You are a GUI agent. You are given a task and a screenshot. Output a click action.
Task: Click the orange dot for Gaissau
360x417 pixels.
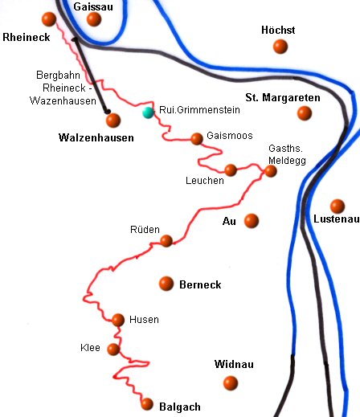coord(94,19)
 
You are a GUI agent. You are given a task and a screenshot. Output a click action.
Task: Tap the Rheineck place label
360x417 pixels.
coord(26,37)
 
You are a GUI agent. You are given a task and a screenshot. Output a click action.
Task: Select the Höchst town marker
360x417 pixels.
coord(280,47)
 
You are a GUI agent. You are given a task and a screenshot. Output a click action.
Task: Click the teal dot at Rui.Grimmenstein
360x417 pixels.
coord(148,112)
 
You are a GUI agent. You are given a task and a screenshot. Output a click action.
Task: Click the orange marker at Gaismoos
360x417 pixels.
coord(197,139)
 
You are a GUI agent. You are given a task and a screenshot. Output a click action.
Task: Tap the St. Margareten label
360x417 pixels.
coord(283,97)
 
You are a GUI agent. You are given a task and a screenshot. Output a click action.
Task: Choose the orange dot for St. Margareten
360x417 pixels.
coord(304,113)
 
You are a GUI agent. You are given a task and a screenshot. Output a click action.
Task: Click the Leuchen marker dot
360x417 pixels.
coord(231,170)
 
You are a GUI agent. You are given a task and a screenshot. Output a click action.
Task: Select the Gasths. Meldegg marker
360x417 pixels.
coord(271,170)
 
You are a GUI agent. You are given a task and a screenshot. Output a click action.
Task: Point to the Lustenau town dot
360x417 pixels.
coord(337,206)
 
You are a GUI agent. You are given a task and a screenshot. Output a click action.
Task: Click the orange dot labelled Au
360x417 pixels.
coord(252,220)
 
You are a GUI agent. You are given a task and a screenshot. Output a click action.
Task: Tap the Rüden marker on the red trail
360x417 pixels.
coord(166,240)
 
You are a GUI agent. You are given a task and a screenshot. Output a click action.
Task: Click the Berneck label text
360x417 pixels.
coord(200,284)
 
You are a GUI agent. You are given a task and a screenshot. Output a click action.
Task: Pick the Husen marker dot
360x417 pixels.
coord(118,320)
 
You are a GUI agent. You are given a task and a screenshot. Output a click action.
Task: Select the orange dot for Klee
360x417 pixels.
coord(113,350)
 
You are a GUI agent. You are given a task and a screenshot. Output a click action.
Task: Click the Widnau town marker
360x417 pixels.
coord(231,382)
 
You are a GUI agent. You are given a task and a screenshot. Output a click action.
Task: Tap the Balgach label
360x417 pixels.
coord(181,407)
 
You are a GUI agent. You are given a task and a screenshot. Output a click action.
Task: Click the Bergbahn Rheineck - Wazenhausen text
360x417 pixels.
coord(68,88)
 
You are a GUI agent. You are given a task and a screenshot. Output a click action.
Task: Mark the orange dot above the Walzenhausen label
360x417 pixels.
coord(112,121)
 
